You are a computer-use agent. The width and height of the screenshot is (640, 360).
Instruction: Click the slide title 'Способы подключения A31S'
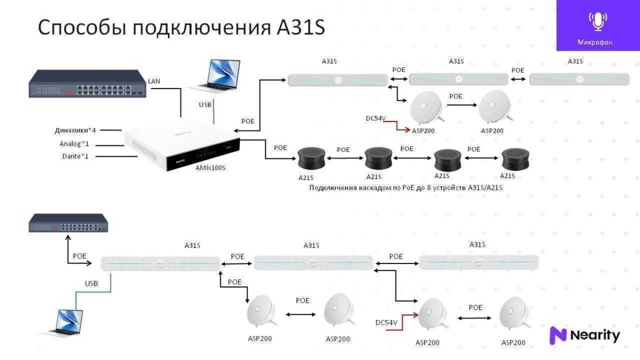pyautogui.click(x=181, y=28)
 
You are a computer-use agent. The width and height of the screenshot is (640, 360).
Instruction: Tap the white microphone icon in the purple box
pyautogui.click(x=597, y=21)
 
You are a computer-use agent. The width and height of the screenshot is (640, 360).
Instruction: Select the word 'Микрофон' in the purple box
pyautogui.click(x=595, y=42)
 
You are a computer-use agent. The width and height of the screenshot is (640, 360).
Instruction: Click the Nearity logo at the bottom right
pyautogui.click(x=585, y=335)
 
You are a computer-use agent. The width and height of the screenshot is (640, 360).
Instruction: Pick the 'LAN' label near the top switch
pyautogui.click(x=154, y=81)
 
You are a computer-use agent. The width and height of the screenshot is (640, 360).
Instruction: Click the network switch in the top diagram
pyautogui.click(x=87, y=84)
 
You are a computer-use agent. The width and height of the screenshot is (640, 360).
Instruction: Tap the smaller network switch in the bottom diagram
pyautogui.click(x=68, y=223)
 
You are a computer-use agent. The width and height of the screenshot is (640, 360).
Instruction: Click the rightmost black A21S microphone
pyautogui.click(x=515, y=158)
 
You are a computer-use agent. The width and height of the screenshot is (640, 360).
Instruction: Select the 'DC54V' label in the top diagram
pyautogui.click(x=376, y=118)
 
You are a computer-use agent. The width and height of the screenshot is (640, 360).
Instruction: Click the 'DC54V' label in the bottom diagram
pyautogui.click(x=387, y=323)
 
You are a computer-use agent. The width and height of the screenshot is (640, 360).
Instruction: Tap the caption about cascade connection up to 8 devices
pyautogui.click(x=406, y=188)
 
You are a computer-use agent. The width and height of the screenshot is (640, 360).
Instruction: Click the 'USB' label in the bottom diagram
pyautogui.click(x=92, y=284)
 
